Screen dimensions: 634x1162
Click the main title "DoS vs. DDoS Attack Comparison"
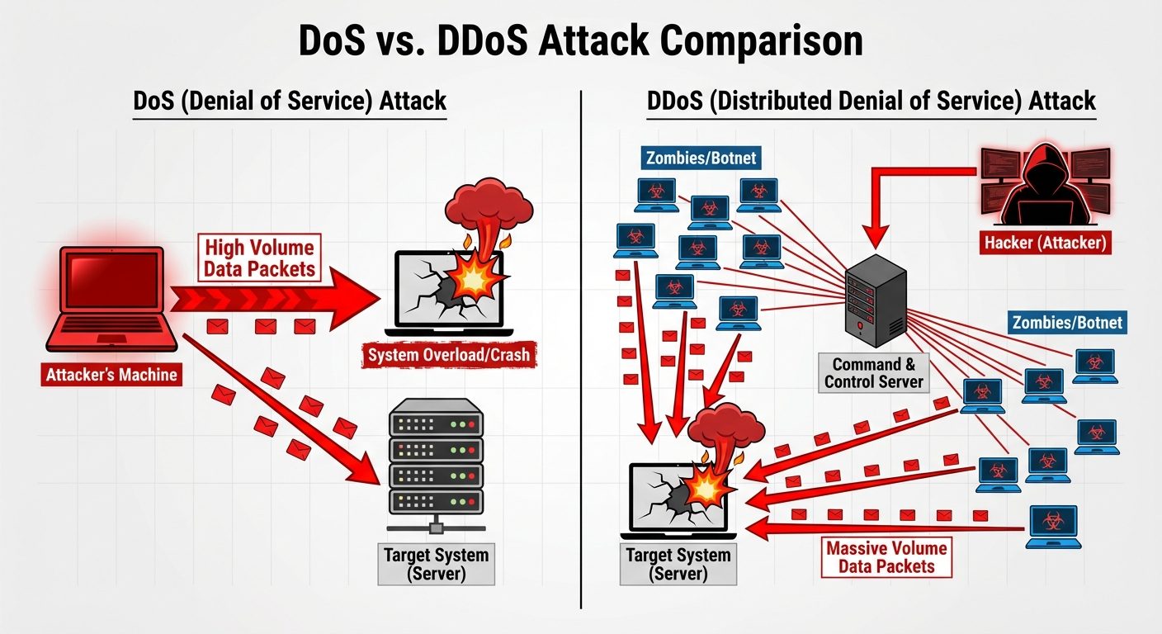[580, 40]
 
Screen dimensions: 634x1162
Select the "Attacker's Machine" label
[111, 375]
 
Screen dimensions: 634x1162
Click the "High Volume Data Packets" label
[259, 258]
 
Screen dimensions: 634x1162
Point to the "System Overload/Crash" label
[449, 356]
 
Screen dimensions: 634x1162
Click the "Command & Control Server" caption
[874, 373]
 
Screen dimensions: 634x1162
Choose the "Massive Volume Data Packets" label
[886, 557]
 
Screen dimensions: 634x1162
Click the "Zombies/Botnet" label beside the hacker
[700, 157]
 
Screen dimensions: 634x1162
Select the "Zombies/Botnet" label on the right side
[1066, 322]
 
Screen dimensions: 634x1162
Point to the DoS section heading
[290, 102]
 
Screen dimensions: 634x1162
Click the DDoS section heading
[871, 102]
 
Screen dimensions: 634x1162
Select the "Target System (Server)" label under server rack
[436, 565]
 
